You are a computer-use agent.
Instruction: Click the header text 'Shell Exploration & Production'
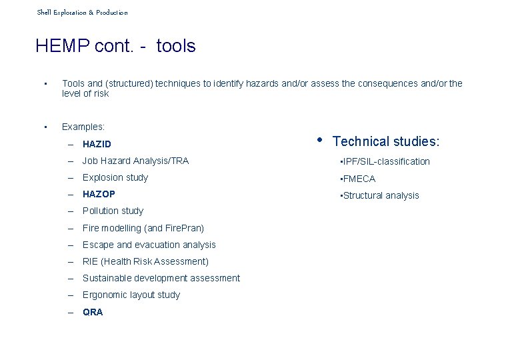click(82, 13)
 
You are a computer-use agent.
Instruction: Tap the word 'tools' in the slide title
click(176, 46)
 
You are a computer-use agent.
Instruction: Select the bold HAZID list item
click(97, 144)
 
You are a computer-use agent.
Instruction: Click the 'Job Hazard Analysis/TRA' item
click(135, 161)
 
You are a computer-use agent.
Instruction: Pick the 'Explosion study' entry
click(115, 177)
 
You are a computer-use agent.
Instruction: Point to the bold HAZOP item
click(99, 194)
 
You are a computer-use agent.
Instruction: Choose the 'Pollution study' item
click(113, 211)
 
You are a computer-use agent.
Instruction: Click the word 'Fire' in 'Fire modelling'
click(91, 228)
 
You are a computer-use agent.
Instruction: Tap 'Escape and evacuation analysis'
click(149, 245)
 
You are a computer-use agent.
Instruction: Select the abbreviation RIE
click(90, 261)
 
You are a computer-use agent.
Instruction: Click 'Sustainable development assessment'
click(161, 278)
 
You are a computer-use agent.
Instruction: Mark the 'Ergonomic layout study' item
click(131, 295)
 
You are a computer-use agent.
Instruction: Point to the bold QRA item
click(93, 312)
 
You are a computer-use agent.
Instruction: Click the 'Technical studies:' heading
click(385, 141)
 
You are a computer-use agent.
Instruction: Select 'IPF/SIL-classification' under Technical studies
click(386, 161)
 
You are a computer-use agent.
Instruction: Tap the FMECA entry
click(359, 179)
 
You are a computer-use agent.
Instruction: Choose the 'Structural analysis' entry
click(381, 195)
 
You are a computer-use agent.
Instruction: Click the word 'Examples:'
click(83, 126)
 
